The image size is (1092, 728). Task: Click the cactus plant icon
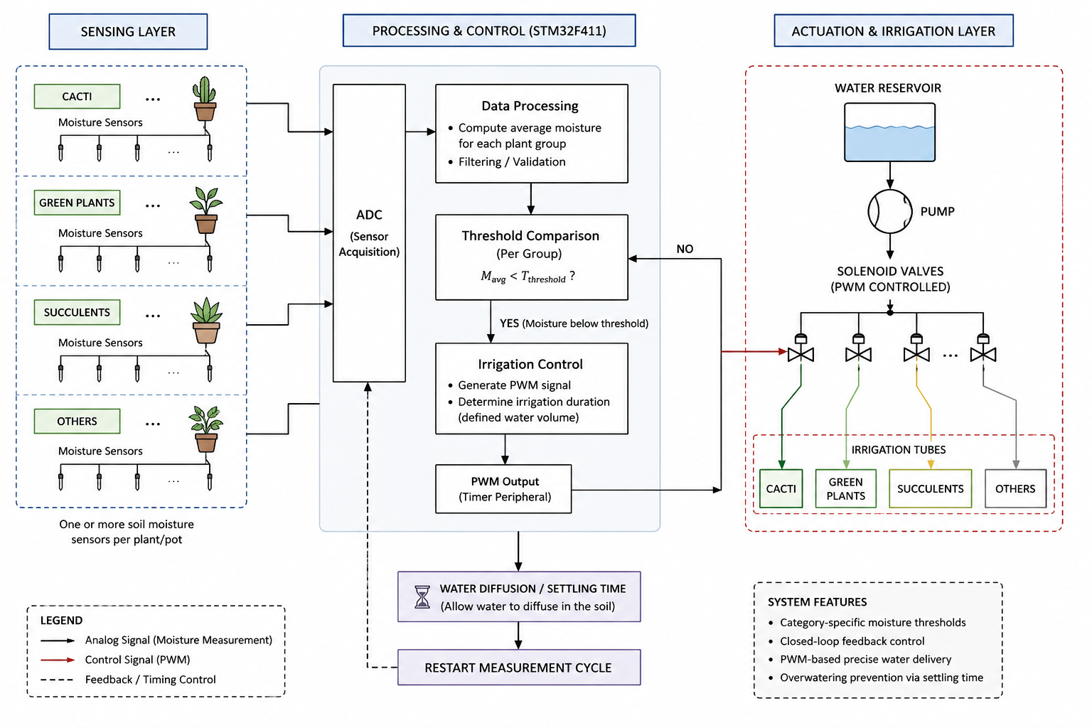[x=205, y=99]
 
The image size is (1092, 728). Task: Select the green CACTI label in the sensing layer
[x=77, y=96]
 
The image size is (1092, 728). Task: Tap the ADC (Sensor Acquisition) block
[x=369, y=233]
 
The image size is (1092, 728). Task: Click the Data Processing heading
[x=530, y=106]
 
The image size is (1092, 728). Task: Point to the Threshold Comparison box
[x=531, y=257]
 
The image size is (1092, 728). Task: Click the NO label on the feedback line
[x=685, y=249]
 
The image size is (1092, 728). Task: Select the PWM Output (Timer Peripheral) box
[x=503, y=488]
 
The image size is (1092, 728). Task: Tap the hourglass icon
[x=422, y=597]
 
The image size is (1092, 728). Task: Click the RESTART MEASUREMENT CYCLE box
[x=519, y=667]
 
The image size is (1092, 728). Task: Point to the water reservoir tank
[x=889, y=132]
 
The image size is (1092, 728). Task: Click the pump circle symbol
[x=889, y=212]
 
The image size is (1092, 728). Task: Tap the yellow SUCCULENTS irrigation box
[x=930, y=488]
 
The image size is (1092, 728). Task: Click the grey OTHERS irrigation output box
[x=1015, y=488]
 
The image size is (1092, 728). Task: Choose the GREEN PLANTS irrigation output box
[x=846, y=488]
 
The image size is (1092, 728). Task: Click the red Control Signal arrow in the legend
[x=58, y=660]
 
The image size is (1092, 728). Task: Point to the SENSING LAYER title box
[x=128, y=32]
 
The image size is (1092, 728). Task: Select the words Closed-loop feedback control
[x=852, y=641]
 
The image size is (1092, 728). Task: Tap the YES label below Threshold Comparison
[x=510, y=323]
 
